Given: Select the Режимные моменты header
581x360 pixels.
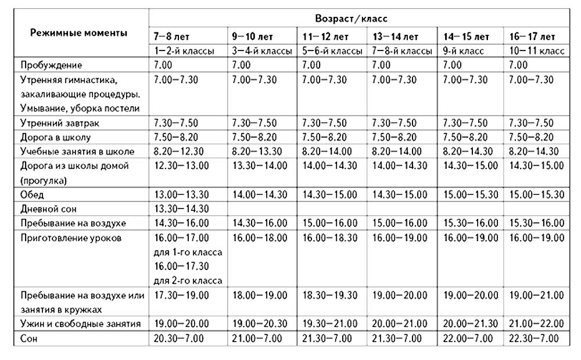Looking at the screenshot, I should point(78,33).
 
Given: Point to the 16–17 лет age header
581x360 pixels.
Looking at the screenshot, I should point(531,37).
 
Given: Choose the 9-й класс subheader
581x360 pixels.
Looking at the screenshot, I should point(463,51).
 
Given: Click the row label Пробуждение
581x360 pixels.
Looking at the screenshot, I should point(51,65).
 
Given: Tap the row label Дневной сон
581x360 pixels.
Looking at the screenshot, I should point(48,208).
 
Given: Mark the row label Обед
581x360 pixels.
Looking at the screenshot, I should point(33,194).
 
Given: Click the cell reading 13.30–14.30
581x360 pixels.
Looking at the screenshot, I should point(181,208).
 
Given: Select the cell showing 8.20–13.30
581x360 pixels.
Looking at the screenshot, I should point(256,152).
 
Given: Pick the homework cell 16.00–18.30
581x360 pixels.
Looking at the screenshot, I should point(330,237).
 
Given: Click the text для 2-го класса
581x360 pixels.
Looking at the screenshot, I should point(188,281).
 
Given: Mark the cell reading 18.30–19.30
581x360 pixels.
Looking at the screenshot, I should point(330,295).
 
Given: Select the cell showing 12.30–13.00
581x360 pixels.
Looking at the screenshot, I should point(181,165).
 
